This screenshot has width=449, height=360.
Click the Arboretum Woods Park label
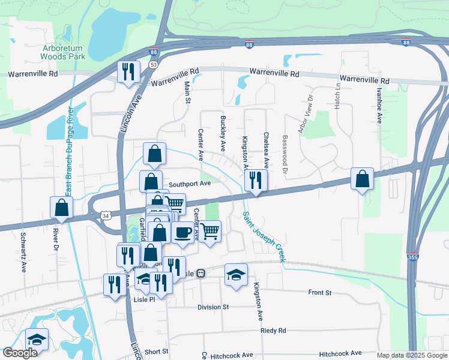[x=63, y=52]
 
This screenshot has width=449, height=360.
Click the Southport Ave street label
[x=189, y=184]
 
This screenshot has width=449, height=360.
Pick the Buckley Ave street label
[x=223, y=133]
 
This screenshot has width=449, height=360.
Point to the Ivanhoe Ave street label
[x=379, y=106]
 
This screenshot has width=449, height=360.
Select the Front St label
[x=319, y=292]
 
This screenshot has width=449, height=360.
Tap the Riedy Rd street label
[x=273, y=331]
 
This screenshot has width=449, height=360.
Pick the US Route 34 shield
[x=106, y=215]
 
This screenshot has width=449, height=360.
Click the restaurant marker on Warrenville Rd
[x=128, y=72]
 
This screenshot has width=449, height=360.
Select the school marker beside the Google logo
[x=37, y=339]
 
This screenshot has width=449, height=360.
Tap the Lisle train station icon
[x=201, y=273]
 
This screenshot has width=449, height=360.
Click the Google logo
[x=20, y=353]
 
